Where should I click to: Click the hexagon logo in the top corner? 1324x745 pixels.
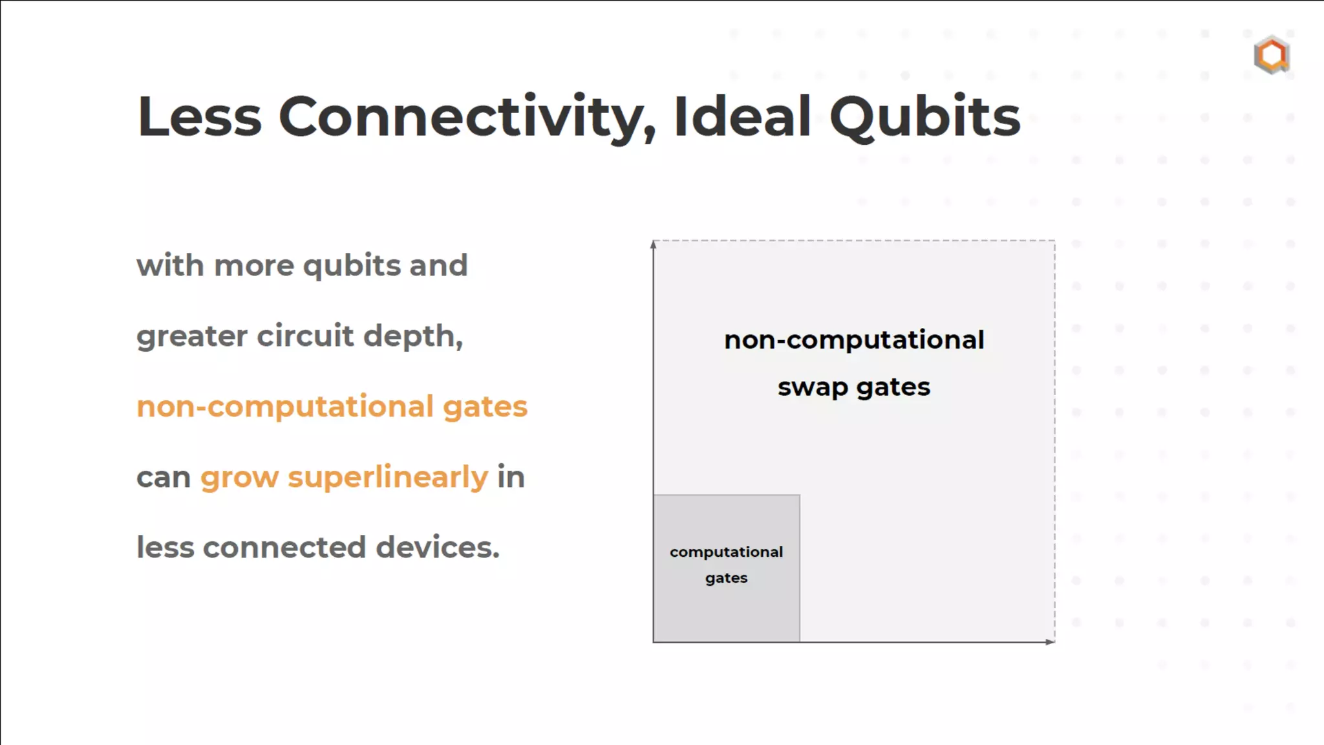tap(1272, 55)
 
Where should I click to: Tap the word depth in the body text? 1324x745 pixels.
tap(412, 336)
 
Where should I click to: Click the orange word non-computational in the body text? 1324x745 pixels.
tap(285, 406)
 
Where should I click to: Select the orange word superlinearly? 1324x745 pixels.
tap(388, 477)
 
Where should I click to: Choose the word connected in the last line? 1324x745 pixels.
tap(284, 547)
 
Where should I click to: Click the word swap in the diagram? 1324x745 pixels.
tap(813, 387)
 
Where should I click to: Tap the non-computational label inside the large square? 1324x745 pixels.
tap(854, 340)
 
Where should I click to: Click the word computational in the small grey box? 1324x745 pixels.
tap(726, 552)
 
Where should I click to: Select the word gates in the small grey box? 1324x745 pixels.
tap(726, 578)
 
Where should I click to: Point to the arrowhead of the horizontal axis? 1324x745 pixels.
tap(1050, 642)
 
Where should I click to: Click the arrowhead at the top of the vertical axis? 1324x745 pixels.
tap(654, 244)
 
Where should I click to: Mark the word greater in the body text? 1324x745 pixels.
tap(192, 336)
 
